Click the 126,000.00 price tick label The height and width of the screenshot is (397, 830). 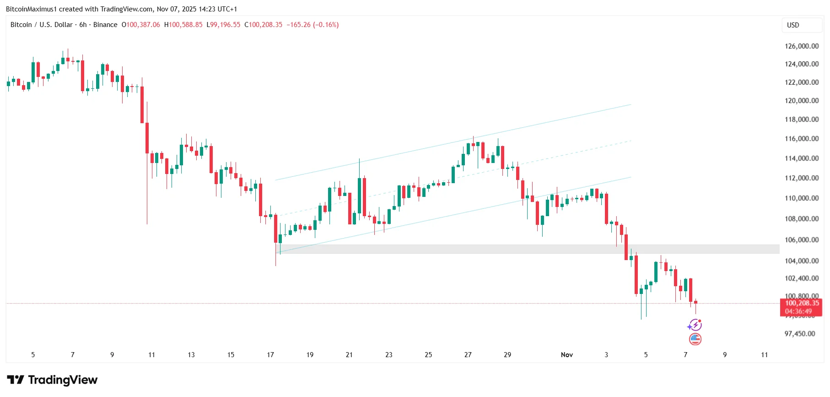point(802,46)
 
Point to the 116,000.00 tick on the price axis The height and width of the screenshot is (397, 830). point(802,138)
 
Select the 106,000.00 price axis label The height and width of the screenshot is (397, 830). point(802,239)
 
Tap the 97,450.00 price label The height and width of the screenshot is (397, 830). point(800,333)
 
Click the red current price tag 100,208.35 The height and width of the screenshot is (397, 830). point(802,303)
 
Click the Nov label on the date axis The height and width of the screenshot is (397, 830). point(566,354)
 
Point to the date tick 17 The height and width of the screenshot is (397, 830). point(270,354)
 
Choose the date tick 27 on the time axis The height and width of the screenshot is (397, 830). point(468,354)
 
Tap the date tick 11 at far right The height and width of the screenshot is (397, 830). point(764,354)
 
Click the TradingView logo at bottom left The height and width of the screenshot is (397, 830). point(52,380)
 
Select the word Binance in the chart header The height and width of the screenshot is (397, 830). point(105,25)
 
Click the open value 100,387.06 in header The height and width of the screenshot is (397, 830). point(143,25)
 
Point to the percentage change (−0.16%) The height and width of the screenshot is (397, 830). point(326,25)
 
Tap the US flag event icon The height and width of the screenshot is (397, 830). point(695,339)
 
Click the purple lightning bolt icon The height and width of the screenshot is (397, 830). point(695,325)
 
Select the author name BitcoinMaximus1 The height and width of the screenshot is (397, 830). point(32,9)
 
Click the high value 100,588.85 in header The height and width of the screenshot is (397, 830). point(185,25)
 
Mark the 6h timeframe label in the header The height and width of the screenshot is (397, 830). point(83,25)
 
